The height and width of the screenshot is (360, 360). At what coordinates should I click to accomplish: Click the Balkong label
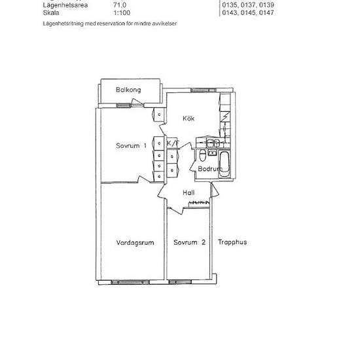point(129,90)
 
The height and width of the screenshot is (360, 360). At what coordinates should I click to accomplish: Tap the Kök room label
point(190,118)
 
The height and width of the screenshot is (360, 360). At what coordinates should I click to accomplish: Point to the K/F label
point(173,143)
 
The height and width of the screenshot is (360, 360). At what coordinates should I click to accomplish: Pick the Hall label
point(189,192)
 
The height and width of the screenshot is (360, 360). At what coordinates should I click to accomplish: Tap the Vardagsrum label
point(135,242)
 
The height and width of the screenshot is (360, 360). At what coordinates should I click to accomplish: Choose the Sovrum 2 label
point(190,242)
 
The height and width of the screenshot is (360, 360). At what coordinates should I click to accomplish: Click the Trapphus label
point(232,242)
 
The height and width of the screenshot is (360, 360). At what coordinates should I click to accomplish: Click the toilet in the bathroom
point(204,155)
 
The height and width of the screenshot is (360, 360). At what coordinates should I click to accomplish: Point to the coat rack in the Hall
point(198,204)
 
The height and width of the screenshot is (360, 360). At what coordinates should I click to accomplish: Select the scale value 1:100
point(120,12)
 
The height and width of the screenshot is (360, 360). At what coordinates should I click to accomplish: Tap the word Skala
point(50,12)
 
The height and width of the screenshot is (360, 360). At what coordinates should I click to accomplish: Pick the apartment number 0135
point(230,5)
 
